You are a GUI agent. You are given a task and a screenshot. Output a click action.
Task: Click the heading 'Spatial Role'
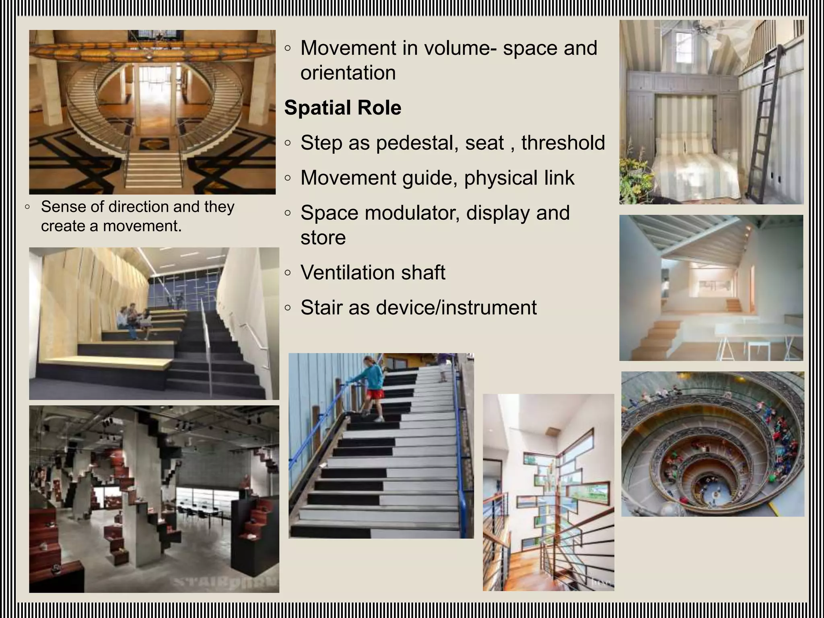342,108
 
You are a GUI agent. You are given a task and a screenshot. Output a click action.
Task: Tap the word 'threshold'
563,143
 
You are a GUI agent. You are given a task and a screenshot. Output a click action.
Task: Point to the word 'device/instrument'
456,308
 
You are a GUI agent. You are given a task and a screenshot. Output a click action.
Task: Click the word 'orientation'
348,73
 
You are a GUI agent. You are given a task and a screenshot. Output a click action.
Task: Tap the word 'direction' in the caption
139,207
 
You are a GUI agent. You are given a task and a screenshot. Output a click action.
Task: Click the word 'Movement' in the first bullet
348,48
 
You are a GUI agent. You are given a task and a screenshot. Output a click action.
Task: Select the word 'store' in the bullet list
323,237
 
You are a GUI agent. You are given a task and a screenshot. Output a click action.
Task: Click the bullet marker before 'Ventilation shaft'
287,272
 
